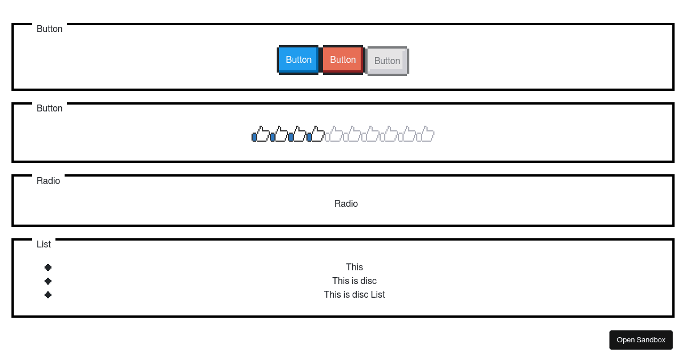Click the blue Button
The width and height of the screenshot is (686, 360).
click(298, 60)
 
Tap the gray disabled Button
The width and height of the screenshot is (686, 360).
click(387, 61)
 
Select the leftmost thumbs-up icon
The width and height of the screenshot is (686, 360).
click(261, 134)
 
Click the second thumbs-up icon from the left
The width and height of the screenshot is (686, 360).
click(279, 134)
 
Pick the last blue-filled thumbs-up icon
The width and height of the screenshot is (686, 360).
click(316, 134)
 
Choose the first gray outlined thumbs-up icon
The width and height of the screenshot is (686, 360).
click(334, 134)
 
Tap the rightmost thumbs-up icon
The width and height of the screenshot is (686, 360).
click(425, 134)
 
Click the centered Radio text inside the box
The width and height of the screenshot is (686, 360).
click(346, 204)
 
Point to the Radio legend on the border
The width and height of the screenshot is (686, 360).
click(48, 181)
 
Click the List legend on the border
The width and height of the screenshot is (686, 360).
click(43, 244)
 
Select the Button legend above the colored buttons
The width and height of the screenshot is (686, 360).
click(49, 29)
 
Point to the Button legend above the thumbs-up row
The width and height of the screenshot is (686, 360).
click(49, 108)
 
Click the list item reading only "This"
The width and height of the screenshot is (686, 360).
click(354, 267)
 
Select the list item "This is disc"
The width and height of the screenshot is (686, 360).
click(354, 281)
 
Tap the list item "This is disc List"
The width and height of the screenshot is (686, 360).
click(354, 294)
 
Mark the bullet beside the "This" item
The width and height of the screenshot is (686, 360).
click(48, 267)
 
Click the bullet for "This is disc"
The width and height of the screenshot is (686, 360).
click(48, 281)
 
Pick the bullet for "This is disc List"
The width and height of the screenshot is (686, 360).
click(48, 295)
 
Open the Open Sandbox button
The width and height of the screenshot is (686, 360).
click(641, 340)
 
